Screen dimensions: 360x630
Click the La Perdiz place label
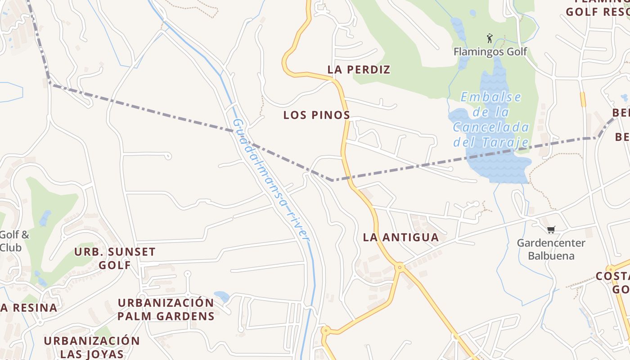(359, 70)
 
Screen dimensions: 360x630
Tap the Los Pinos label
(316, 115)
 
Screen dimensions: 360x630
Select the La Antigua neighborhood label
(400, 238)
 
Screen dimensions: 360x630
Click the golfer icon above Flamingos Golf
(490, 38)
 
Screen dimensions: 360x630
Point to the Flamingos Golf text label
(490, 52)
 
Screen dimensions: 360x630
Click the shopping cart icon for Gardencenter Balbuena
(551, 230)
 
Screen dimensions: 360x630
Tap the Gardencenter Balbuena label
(551, 249)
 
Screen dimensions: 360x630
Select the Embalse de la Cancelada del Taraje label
(490, 120)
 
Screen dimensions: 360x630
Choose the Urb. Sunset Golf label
(115, 258)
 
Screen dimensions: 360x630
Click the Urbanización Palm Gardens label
(166, 309)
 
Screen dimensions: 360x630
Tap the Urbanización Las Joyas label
(92, 346)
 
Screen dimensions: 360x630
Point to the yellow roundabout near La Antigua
(399, 267)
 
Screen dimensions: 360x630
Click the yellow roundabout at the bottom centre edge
(325, 331)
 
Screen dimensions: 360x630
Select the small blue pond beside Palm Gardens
(222, 296)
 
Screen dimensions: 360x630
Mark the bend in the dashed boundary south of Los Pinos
(332, 180)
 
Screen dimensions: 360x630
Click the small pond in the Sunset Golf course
(45, 218)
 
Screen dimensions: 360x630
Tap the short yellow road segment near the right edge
(583, 99)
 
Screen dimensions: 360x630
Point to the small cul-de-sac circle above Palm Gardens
(188, 273)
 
